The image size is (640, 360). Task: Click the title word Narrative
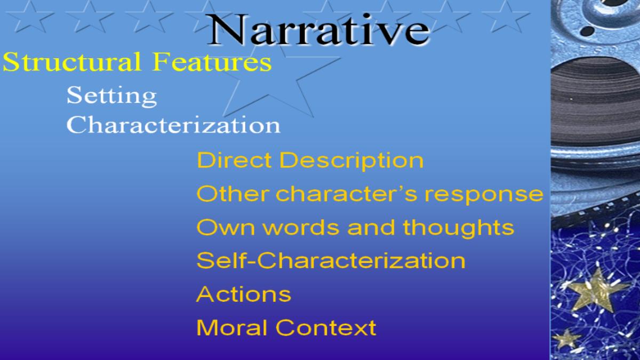pos(318,30)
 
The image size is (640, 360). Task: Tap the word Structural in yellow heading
pos(72,61)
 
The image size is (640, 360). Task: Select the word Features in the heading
pos(212,61)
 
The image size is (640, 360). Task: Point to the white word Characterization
pos(173,124)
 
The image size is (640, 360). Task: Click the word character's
pos(346,194)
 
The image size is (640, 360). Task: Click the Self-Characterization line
pos(331,261)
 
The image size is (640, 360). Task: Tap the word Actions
pos(244,294)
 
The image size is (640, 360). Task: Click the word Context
pos(326,327)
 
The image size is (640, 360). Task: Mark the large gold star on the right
pos(596,291)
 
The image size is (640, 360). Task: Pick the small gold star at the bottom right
pos(566,339)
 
